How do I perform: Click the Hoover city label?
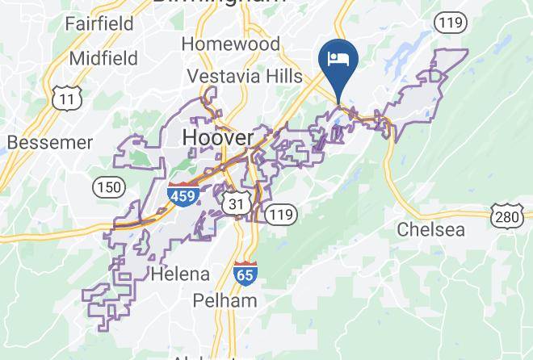click(218, 138)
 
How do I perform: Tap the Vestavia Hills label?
click(245, 77)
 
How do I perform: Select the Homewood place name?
click(230, 43)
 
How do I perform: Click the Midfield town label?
click(103, 57)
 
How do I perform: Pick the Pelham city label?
click(225, 301)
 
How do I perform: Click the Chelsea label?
click(431, 230)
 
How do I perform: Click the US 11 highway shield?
click(64, 98)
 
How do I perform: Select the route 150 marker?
click(108, 187)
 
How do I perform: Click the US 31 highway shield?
click(237, 204)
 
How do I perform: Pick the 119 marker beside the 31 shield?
click(281, 213)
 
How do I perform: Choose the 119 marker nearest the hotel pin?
click(449, 22)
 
